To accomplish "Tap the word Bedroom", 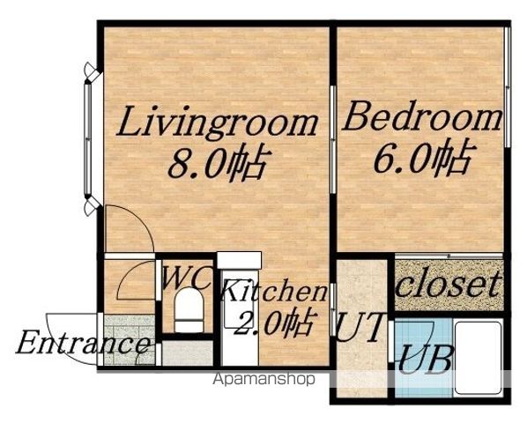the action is (422, 116).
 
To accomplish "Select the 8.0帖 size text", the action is (219, 163).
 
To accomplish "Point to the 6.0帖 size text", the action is (424, 157).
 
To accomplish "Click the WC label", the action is (188, 278).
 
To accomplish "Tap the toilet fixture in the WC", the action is (189, 310).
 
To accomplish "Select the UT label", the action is (360, 327).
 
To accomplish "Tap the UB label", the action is (424, 359).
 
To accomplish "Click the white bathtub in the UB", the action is (478, 358).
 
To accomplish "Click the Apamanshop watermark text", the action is (264, 379).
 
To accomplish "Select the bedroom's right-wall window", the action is (507, 86).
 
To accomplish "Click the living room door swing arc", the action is (141, 219).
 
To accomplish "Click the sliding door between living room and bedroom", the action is (333, 140).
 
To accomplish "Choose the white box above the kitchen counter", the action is (239, 260).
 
